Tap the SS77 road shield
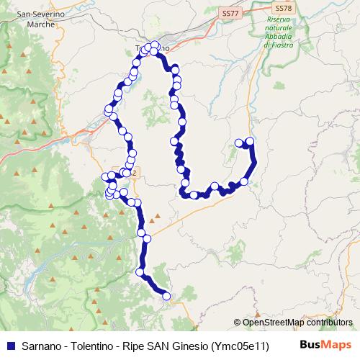click(230, 13)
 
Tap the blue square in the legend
click(9, 346)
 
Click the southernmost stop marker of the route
click(166, 295)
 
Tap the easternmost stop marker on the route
click(251, 142)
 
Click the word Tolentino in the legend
click(94, 346)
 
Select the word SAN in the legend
click(159, 346)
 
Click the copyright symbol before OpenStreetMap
click(238, 323)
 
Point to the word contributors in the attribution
click(328, 323)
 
